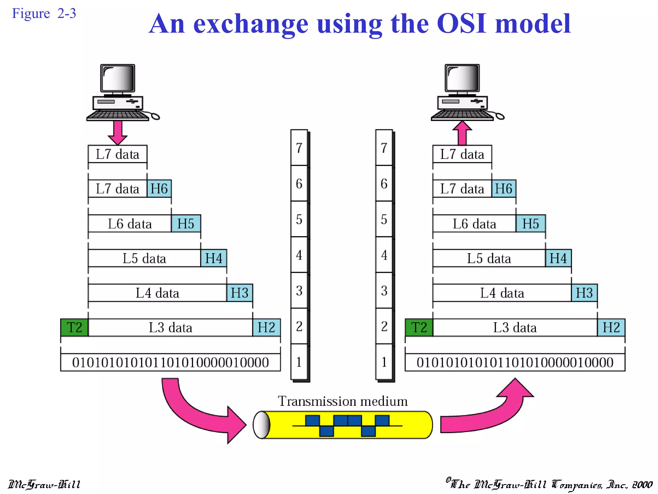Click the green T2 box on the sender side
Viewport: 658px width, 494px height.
(74, 327)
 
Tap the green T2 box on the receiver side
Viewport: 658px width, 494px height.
(419, 327)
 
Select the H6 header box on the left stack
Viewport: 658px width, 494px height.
(159, 188)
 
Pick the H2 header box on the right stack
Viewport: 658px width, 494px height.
(611, 327)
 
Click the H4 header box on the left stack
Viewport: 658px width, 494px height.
(214, 258)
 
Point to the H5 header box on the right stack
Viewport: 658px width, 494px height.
(530, 224)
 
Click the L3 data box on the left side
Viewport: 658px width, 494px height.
(170, 327)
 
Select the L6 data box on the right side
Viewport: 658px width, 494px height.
(474, 224)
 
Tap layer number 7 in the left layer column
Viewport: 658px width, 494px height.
(299, 148)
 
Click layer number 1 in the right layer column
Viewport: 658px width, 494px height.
(384, 362)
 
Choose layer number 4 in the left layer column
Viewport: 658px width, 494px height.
(299, 255)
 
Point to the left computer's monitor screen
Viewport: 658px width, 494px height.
(118, 78)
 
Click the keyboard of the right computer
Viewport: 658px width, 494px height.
(462, 115)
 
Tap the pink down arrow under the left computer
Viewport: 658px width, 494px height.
(118, 132)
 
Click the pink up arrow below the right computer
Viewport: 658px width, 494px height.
(462, 133)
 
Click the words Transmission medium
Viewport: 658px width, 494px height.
(342, 401)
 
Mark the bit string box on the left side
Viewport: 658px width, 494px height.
(170, 362)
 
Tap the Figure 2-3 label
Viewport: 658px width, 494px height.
(44, 14)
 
